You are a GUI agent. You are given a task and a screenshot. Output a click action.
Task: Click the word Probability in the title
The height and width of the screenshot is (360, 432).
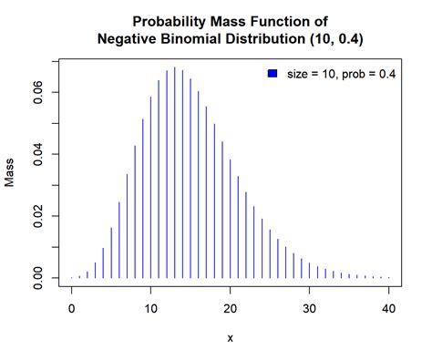167,21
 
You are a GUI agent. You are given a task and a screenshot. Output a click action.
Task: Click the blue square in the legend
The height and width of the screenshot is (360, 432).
272,73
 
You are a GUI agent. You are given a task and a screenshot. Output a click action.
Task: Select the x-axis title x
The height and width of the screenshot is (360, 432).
230,337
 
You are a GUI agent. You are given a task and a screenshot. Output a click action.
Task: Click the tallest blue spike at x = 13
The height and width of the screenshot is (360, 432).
175,173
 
